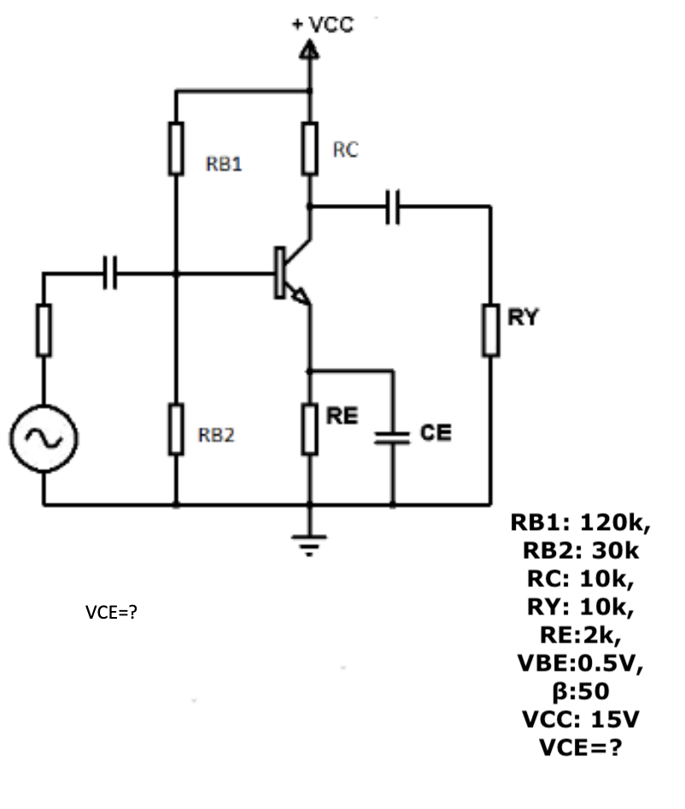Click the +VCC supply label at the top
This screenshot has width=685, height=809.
pos(322,24)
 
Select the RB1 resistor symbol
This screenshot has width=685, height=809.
pos(176,148)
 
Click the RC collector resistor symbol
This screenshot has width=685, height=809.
pos(310,148)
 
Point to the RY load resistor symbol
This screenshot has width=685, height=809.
pos(491,329)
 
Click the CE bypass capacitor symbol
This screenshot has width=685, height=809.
pos(393,437)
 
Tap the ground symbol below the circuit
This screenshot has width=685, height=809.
pos(310,539)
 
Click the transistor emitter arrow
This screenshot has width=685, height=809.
pos(300,295)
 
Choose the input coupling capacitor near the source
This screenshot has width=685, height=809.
pos(109,274)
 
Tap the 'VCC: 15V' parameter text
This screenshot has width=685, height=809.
pos(580,719)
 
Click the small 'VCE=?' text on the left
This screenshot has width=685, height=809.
pos(111,613)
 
